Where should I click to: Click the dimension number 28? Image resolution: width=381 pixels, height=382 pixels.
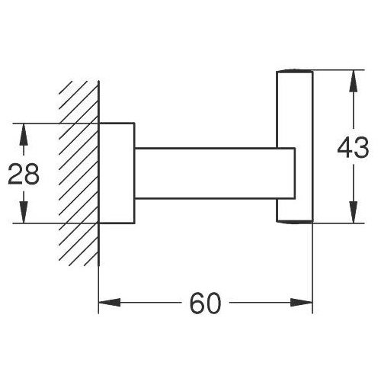[x=24, y=174]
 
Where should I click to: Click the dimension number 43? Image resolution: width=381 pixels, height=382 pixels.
[x=353, y=147]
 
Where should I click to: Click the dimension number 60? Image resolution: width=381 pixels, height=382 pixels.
[x=206, y=303]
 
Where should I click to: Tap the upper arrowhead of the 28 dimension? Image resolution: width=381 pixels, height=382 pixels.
[x=24, y=134]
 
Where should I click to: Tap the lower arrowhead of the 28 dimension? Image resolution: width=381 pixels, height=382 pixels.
[x=24, y=212]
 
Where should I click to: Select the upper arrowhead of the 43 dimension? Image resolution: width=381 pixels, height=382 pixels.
[x=353, y=81]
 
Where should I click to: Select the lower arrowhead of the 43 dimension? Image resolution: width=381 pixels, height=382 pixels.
[x=353, y=212]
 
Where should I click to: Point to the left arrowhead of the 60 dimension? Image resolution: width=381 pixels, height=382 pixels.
[x=110, y=303]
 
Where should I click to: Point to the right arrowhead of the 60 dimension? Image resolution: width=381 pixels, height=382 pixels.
[x=301, y=303]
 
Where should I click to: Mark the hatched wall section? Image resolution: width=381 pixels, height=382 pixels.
[x=78, y=174]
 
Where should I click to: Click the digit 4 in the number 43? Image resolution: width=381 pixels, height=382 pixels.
[x=344, y=147]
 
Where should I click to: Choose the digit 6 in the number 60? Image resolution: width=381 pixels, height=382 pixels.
[x=197, y=303]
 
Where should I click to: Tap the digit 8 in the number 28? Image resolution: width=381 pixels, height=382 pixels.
[x=32, y=174]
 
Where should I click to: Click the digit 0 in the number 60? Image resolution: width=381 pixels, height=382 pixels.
[x=214, y=303]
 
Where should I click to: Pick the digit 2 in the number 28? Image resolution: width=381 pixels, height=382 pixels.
[x=15, y=174]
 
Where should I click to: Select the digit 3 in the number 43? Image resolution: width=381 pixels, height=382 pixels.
[x=361, y=147]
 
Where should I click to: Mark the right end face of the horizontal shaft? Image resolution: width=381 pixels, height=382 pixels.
[x=295, y=173]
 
